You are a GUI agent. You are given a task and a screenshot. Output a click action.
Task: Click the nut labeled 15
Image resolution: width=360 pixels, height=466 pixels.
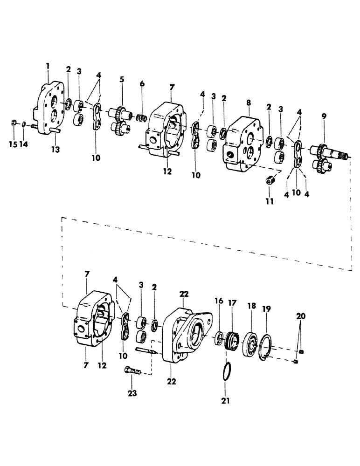(14, 123)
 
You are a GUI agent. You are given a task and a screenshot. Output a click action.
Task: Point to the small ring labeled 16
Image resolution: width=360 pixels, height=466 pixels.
(218, 338)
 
